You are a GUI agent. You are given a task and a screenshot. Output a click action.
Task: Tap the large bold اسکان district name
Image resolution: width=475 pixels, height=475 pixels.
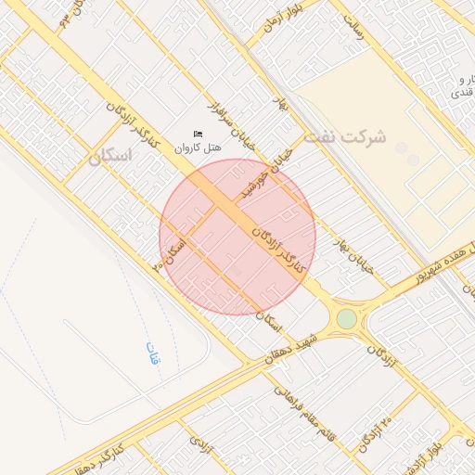click(x=111, y=157)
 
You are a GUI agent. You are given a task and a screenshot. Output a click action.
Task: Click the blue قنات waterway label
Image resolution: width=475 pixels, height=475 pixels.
click(x=152, y=353)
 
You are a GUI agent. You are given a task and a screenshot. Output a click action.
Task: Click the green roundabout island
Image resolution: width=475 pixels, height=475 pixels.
click(x=346, y=319)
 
